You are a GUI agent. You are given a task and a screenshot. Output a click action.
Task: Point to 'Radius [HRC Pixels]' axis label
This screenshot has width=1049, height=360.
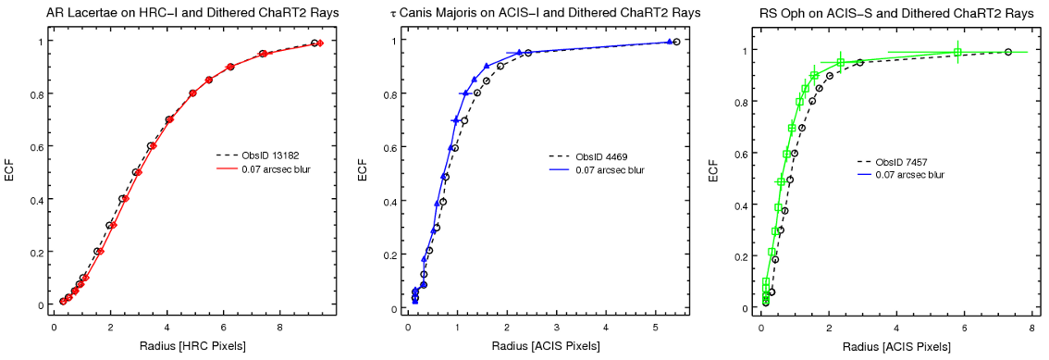(185, 346)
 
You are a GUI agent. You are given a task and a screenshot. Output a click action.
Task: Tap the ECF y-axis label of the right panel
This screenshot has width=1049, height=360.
(713, 174)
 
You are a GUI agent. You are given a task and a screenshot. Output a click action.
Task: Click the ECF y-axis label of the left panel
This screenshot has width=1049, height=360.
(10, 172)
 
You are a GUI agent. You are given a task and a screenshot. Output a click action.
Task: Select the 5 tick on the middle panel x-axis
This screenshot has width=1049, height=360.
(655, 327)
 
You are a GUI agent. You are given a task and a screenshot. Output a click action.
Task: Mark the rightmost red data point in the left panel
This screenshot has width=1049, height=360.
(320, 43)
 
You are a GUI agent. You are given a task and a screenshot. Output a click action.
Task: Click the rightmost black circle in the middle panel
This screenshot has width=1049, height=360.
(676, 42)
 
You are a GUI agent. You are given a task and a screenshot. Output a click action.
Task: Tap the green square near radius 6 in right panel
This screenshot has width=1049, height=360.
(957, 52)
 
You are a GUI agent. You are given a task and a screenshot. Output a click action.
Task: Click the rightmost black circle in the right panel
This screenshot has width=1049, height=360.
(1007, 52)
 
